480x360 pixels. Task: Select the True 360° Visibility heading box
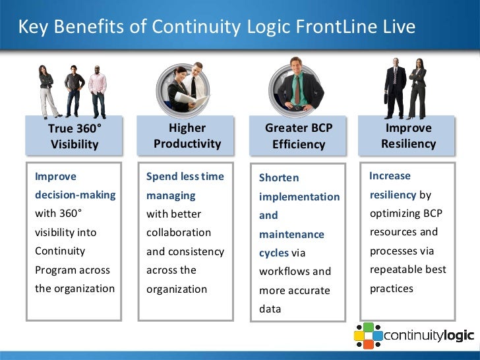coord(75,136)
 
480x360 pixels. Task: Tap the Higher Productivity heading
coord(187,136)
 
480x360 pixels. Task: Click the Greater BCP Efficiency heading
coord(298,136)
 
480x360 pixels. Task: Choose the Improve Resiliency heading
coord(408,136)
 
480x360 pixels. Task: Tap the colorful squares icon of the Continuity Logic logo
coord(368,335)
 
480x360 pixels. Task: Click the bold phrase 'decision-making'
coord(75,195)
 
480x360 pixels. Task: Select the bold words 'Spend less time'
coord(185,177)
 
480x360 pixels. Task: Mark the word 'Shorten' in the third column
coord(279,178)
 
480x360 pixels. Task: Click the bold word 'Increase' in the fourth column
coord(390,176)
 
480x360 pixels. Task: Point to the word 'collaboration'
coord(179,233)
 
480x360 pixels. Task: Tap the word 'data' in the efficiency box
coord(270,309)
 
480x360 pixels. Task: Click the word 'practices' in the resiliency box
coord(391,288)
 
